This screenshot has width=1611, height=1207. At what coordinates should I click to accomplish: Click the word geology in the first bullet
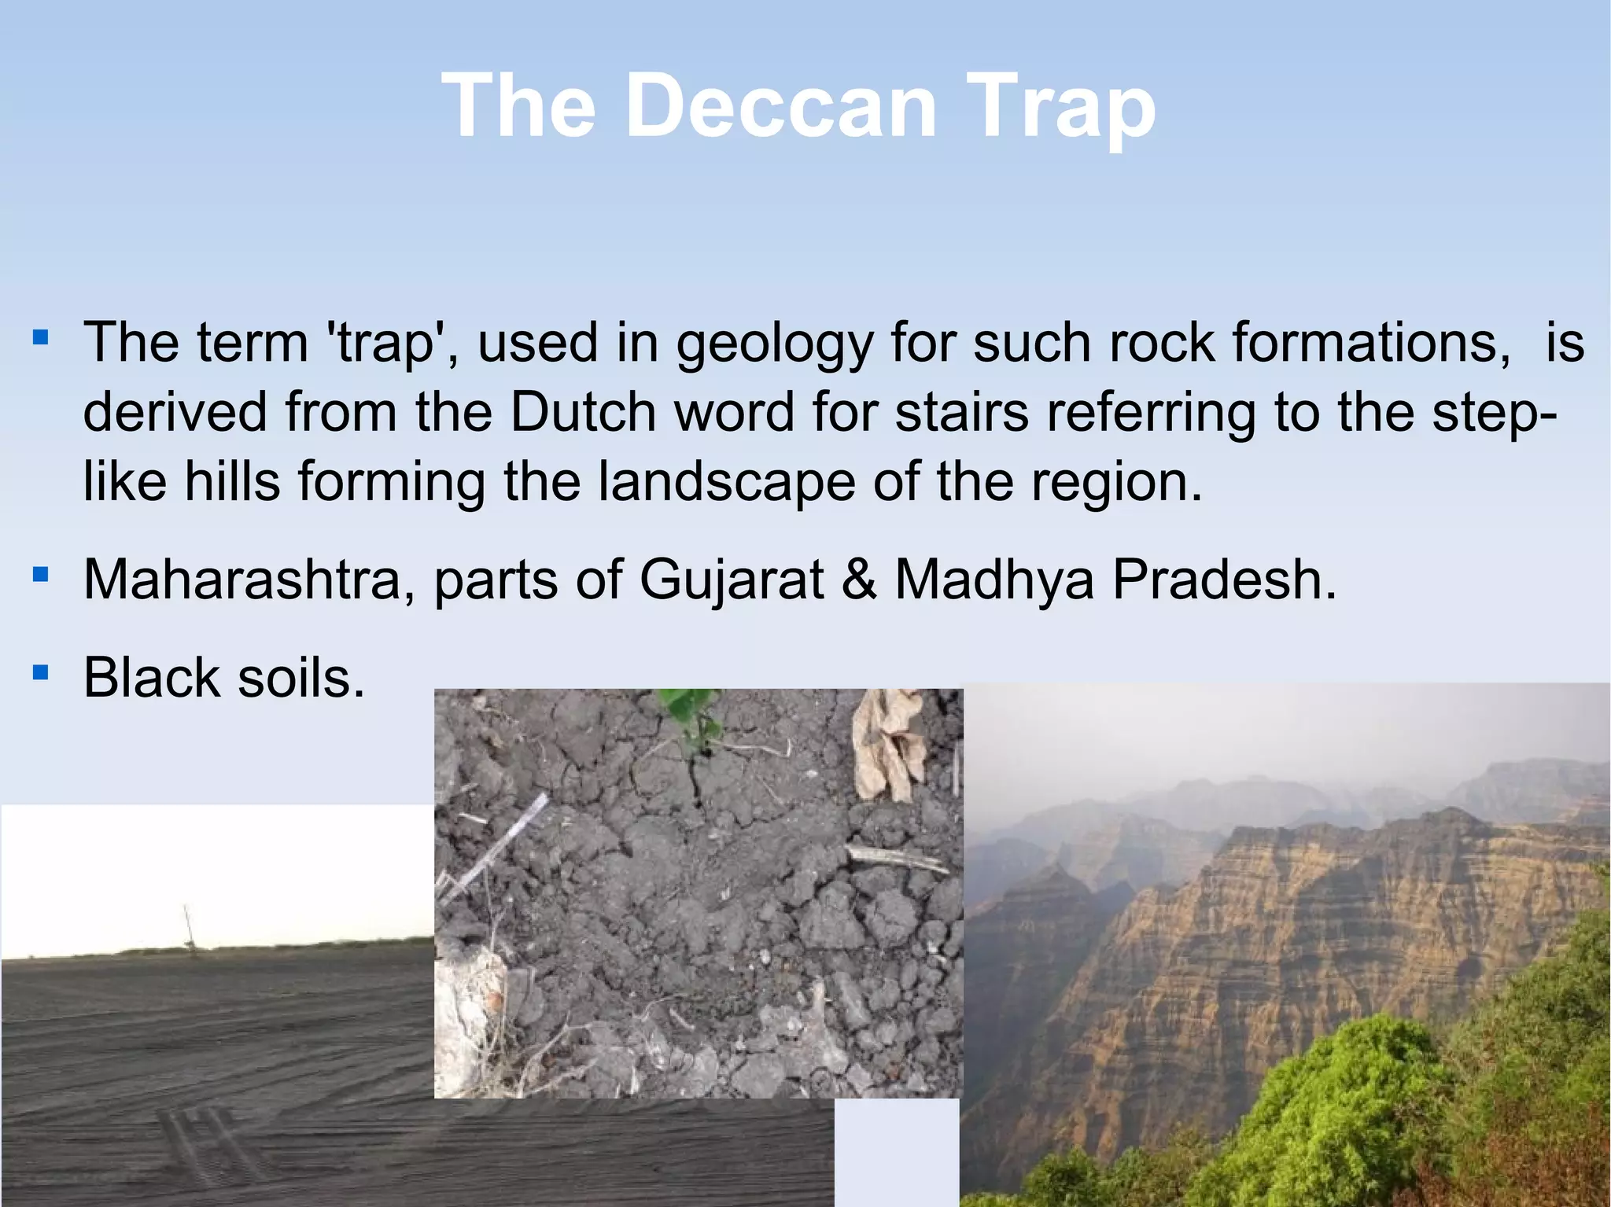[775, 344]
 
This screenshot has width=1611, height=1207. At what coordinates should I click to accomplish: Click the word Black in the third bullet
[151, 677]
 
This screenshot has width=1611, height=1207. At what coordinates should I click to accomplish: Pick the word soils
[301, 677]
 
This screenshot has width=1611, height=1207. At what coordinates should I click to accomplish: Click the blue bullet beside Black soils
[41, 672]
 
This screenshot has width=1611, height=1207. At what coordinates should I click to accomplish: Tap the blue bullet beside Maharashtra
[41, 575]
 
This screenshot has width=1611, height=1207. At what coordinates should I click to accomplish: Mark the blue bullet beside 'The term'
[41, 339]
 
